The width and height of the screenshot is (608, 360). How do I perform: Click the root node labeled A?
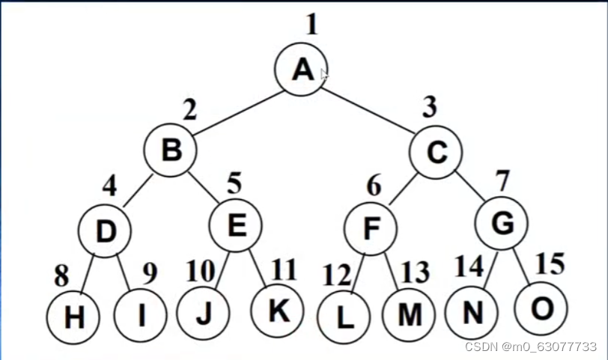point(301,70)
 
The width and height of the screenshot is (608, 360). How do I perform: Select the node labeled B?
point(170,150)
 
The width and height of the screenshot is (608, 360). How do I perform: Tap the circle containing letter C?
point(436,152)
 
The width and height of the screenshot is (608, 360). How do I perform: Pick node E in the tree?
point(236,225)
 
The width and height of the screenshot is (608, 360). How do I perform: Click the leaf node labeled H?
point(73,317)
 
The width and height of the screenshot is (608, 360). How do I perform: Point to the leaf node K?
point(277,311)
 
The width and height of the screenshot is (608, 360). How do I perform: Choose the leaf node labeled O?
point(541,308)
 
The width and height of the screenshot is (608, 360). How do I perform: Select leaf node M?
point(409,314)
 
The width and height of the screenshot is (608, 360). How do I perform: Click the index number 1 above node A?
point(312,25)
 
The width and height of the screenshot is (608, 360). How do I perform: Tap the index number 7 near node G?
point(503,180)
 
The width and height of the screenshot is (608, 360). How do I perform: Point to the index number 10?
point(201,270)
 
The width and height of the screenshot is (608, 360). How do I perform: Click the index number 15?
point(550,264)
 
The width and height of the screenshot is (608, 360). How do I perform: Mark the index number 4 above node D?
point(110,186)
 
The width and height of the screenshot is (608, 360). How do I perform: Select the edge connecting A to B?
point(238,113)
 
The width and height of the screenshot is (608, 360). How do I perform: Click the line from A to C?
point(368,112)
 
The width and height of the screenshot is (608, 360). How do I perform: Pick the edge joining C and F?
point(404,189)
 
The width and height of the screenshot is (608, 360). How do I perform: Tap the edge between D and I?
point(124,273)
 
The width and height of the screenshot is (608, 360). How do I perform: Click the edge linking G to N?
point(490,270)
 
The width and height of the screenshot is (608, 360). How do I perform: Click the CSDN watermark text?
point(530,347)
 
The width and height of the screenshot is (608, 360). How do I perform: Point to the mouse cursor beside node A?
point(324,74)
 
